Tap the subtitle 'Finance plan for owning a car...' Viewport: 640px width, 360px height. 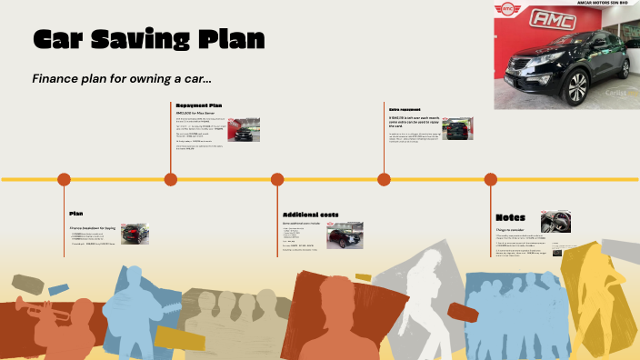[122, 78]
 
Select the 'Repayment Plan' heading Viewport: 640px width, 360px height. [198, 105]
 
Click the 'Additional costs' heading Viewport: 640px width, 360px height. [310, 215]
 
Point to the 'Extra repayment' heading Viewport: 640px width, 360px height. [405, 109]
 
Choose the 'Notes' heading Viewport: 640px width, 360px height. [510, 218]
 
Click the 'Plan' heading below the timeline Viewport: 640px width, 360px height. [76, 214]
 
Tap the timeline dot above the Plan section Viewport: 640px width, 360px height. [64, 179]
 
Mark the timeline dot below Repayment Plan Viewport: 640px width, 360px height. [170, 179]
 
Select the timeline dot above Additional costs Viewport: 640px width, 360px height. [277, 179]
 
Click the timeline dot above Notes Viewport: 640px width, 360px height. [491, 179]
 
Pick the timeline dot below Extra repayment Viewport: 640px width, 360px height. [385, 179]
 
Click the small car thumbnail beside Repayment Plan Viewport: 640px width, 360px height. [244, 129]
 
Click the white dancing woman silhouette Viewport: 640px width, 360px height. [424, 291]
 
